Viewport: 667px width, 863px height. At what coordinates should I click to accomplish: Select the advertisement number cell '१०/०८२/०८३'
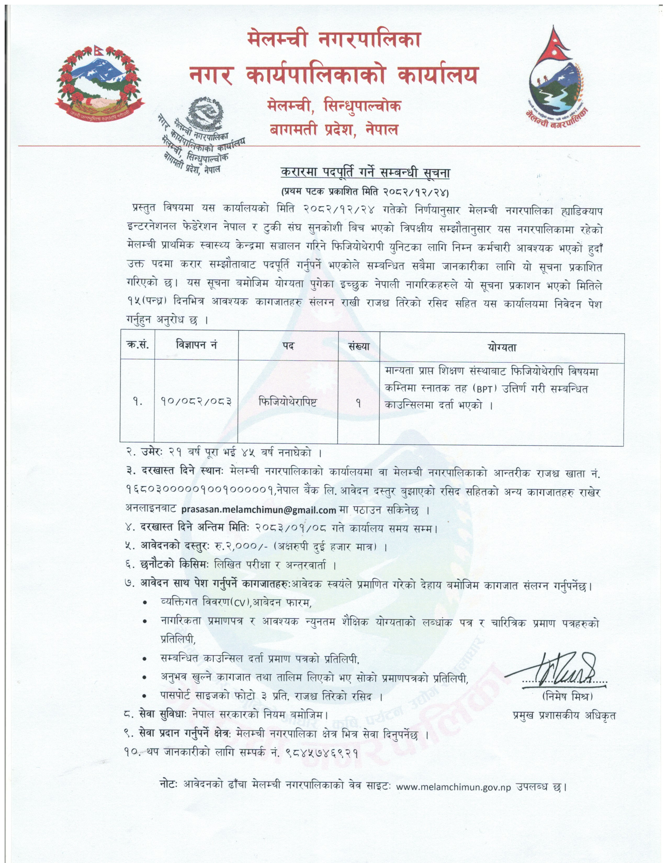[x=196, y=402]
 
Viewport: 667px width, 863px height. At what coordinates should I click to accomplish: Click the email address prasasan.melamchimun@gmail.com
[x=258, y=510]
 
